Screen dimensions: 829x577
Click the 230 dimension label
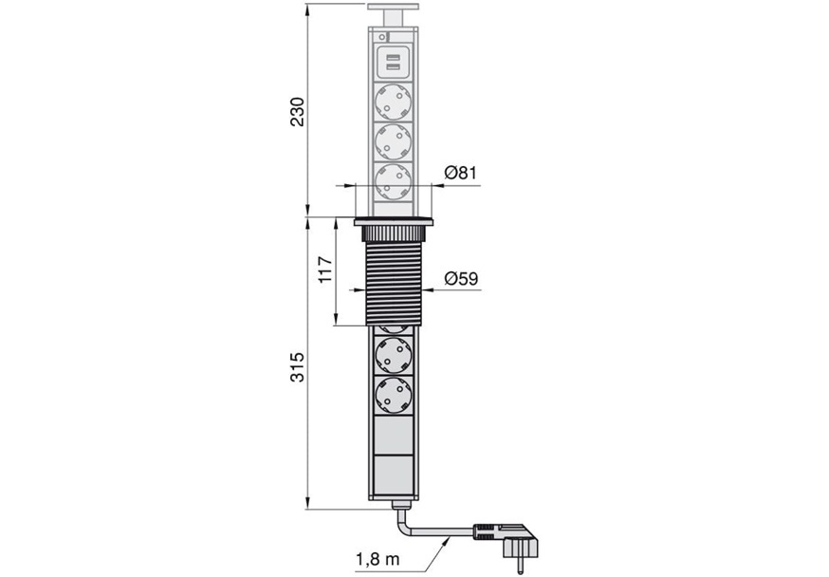[298, 111]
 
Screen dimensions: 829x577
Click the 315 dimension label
[298, 367]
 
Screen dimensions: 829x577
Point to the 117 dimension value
[325, 270]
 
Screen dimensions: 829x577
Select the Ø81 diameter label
[460, 173]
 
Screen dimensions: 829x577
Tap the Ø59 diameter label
[461, 278]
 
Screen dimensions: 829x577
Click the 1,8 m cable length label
[377, 559]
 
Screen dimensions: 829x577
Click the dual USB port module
[393, 63]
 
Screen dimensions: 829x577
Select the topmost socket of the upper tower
[393, 102]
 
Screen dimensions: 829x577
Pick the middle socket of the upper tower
[393, 141]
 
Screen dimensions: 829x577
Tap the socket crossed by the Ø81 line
[393, 182]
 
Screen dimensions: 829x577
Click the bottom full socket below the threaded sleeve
[393, 395]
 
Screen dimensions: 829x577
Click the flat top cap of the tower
[393, 8]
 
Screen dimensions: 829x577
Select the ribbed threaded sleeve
[394, 284]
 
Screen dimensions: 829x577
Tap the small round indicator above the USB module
[381, 37]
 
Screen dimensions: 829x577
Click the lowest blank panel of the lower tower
[393, 475]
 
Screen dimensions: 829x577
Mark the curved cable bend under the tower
[403, 523]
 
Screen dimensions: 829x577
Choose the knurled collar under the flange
[394, 234]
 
